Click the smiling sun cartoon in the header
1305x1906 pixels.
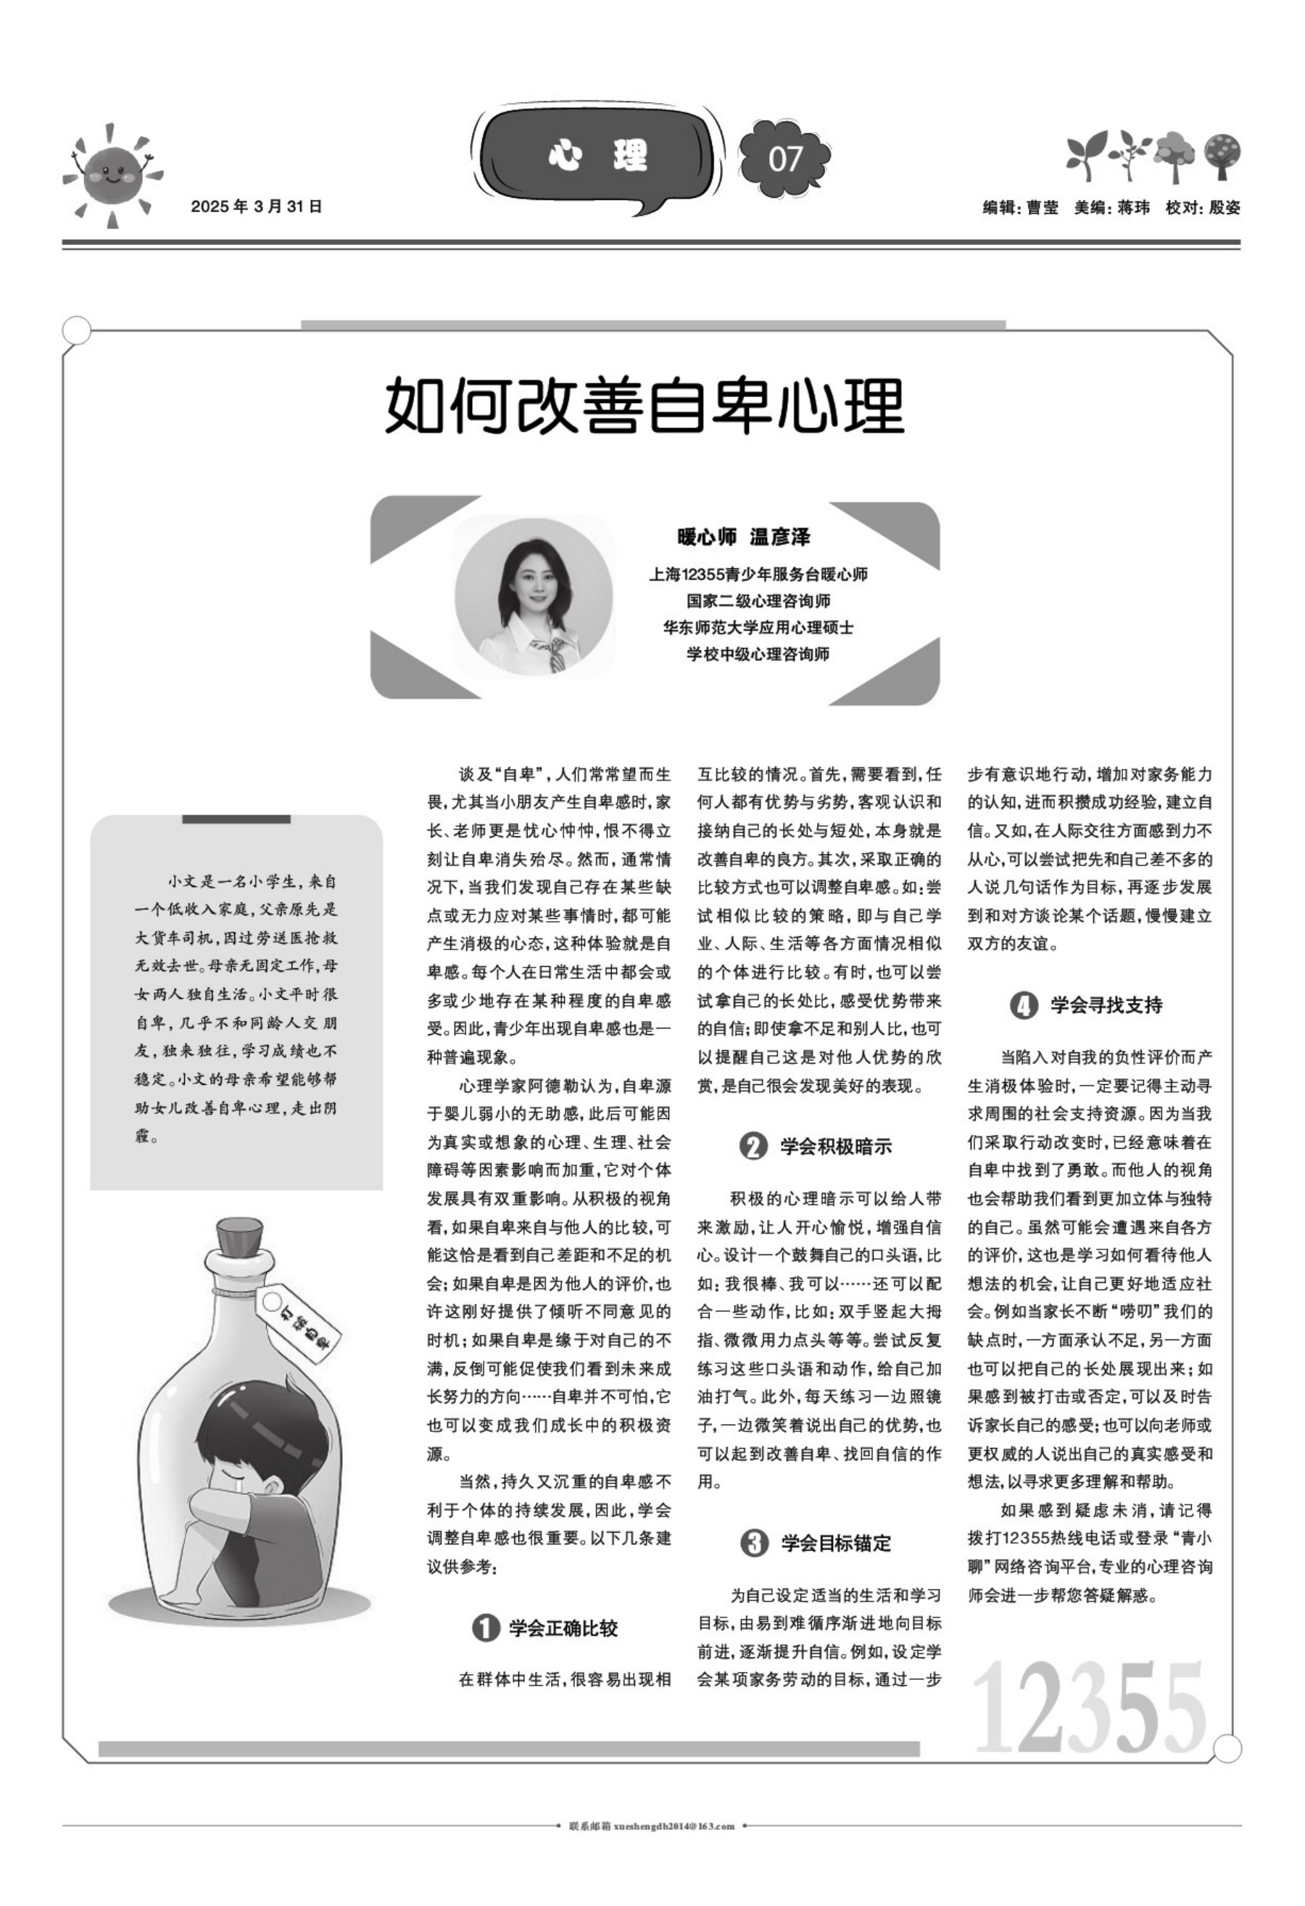[113, 174]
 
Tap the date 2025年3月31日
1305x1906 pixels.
[256, 207]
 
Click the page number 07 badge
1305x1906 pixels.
[783, 157]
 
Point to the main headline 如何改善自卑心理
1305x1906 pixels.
[645, 405]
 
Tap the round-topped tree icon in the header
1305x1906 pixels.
[1222, 155]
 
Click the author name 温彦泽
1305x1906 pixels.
[780, 537]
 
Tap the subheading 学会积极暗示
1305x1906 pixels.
[835, 1146]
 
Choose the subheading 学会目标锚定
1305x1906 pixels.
[835, 1543]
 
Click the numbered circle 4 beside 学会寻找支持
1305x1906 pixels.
[1023, 1004]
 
